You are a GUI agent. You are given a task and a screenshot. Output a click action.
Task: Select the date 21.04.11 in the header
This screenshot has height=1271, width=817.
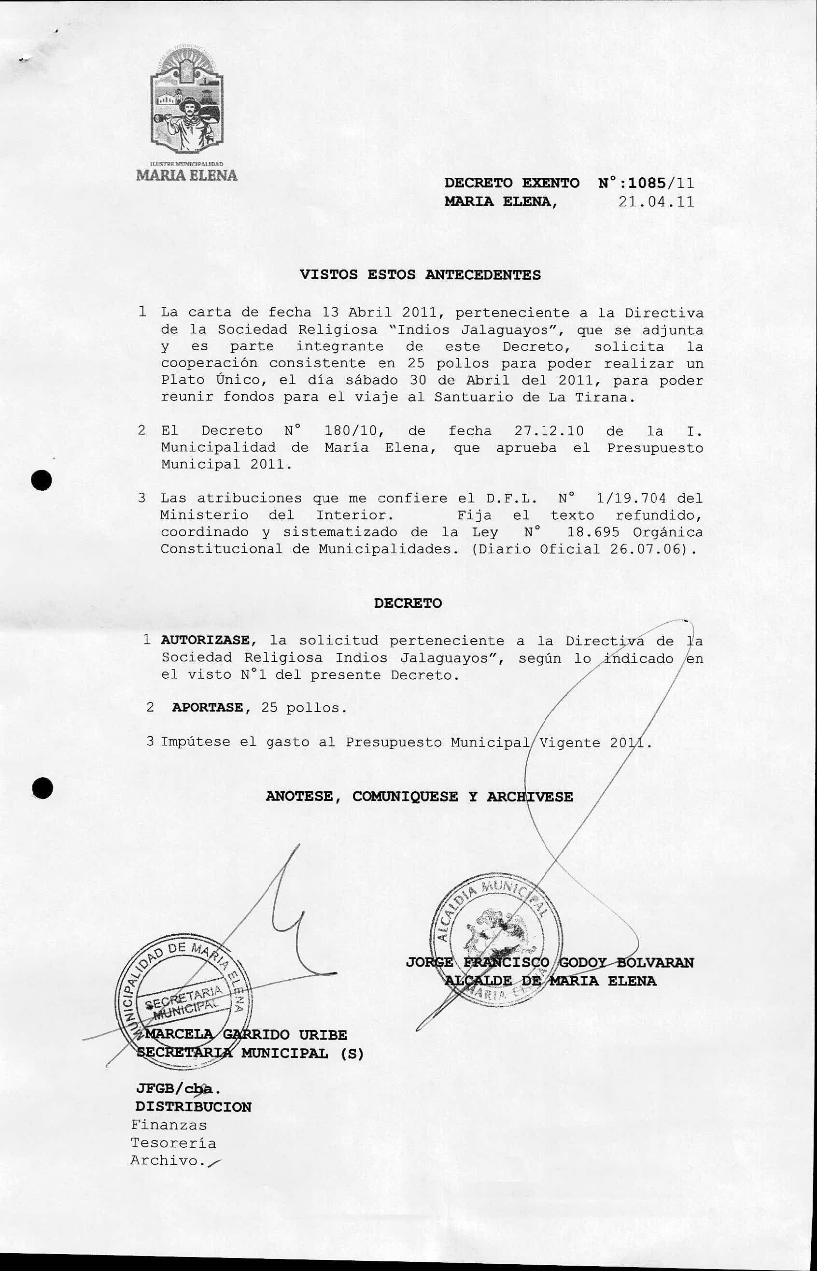pyautogui.click(x=656, y=201)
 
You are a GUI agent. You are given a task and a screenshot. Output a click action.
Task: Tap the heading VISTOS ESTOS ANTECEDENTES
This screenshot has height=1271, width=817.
pyautogui.click(x=420, y=275)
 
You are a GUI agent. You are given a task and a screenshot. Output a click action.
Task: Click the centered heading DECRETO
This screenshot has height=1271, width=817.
pyautogui.click(x=408, y=603)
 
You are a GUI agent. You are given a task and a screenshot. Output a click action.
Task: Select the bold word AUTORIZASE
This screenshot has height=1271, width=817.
pyautogui.click(x=205, y=641)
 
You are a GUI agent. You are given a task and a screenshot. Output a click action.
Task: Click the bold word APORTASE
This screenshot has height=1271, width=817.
pyautogui.click(x=208, y=708)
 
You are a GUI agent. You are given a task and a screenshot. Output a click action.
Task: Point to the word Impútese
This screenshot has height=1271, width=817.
pyautogui.click(x=196, y=742)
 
